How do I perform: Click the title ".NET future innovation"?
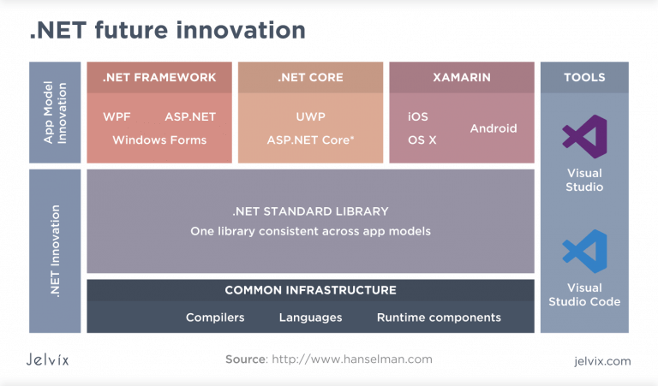167,31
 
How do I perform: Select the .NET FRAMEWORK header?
159,77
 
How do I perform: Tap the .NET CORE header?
310,77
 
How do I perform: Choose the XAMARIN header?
462,77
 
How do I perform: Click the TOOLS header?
584,77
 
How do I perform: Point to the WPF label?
117,116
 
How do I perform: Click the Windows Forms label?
159,140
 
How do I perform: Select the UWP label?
310,116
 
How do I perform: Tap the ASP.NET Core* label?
310,140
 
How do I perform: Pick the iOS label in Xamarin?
418,116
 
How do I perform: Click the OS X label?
422,140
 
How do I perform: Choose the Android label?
493,128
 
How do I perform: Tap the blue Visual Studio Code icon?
584,251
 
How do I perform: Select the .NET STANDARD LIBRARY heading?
310,211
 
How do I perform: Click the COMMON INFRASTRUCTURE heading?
310,290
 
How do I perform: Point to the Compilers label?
215,318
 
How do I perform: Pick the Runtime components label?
439,318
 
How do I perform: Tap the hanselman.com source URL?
352,359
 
